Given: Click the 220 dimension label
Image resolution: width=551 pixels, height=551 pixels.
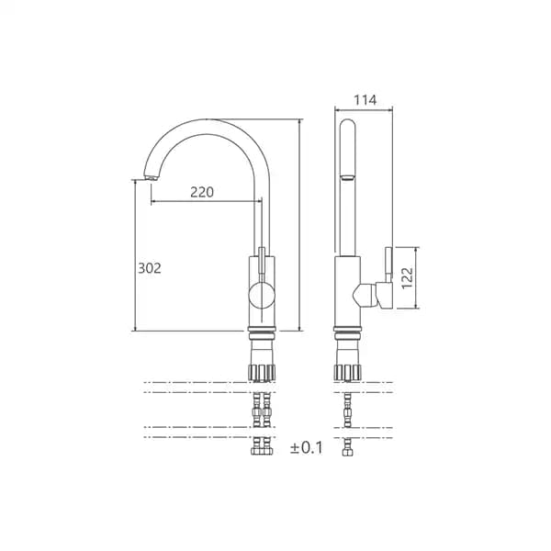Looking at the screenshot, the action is click(202, 192).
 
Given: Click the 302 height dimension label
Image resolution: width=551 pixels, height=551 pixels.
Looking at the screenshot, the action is click(150, 268).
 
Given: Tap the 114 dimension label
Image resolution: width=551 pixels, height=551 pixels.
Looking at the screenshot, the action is click(365, 100).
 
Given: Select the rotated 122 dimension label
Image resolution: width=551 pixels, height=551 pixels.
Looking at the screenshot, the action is click(407, 278).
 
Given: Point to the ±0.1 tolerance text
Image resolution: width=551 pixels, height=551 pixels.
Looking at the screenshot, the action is click(307, 448).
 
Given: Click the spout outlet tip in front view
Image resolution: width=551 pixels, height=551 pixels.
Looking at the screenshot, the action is click(151, 178).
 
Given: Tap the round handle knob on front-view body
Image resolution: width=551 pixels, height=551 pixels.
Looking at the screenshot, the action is click(262, 296).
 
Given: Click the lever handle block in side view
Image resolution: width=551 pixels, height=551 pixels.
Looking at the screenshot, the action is click(384, 295).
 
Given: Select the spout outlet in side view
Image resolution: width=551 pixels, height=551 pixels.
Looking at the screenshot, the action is click(347, 177).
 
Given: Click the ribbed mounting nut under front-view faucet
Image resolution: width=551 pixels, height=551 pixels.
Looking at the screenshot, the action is click(262, 373).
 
